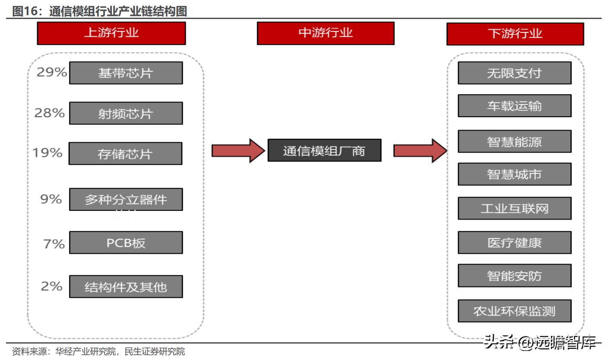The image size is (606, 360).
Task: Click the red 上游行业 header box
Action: [111, 33]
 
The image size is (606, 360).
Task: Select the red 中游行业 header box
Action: [326, 33]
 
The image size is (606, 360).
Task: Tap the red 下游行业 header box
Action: [515, 34]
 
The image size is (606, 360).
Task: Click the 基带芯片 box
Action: [126, 73]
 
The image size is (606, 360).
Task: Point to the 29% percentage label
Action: [52, 72]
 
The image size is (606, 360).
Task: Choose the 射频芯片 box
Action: [126, 113]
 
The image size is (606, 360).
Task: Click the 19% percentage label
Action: [48, 153]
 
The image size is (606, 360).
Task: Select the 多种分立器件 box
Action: [126, 199]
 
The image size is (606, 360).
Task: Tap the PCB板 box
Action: [126, 242]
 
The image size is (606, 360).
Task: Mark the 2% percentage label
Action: [51, 286]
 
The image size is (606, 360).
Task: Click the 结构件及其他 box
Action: [126, 287]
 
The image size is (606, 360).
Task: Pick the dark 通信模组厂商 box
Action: [325, 150]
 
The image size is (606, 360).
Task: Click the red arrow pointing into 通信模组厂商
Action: [238, 151]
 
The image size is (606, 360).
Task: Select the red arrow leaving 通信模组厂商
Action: [420, 151]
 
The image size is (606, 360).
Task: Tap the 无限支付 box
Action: [514, 73]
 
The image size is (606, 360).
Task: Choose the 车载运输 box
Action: [514, 105]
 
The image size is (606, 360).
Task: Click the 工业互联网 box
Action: [514, 208]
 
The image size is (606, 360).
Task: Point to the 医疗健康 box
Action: [514, 242]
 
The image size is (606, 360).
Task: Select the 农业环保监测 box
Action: [514, 311]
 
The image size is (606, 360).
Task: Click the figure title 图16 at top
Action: [99, 11]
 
